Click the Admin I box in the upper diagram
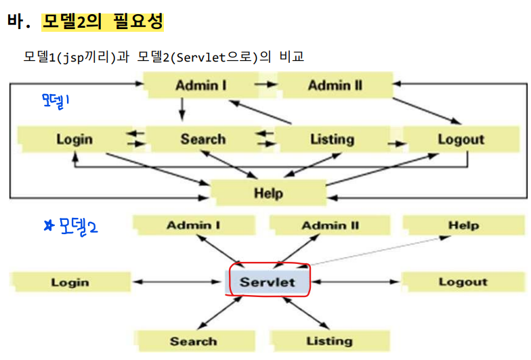[x=200, y=85]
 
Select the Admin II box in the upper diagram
[x=335, y=85]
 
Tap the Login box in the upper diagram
[x=75, y=139]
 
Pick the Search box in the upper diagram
[x=203, y=139]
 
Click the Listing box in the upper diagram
[x=332, y=139]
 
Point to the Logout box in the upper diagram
[x=461, y=139]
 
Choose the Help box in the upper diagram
[x=268, y=193]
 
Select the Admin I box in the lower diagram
[x=193, y=225]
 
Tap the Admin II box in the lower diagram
[x=330, y=225]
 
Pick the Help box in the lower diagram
[x=463, y=225]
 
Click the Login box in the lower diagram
[x=70, y=282]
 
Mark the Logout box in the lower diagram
[x=463, y=282]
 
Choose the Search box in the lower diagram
[x=193, y=341]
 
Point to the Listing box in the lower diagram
[x=329, y=341]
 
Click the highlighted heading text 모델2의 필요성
[x=102, y=22]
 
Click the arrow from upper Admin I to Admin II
[x=266, y=85]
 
